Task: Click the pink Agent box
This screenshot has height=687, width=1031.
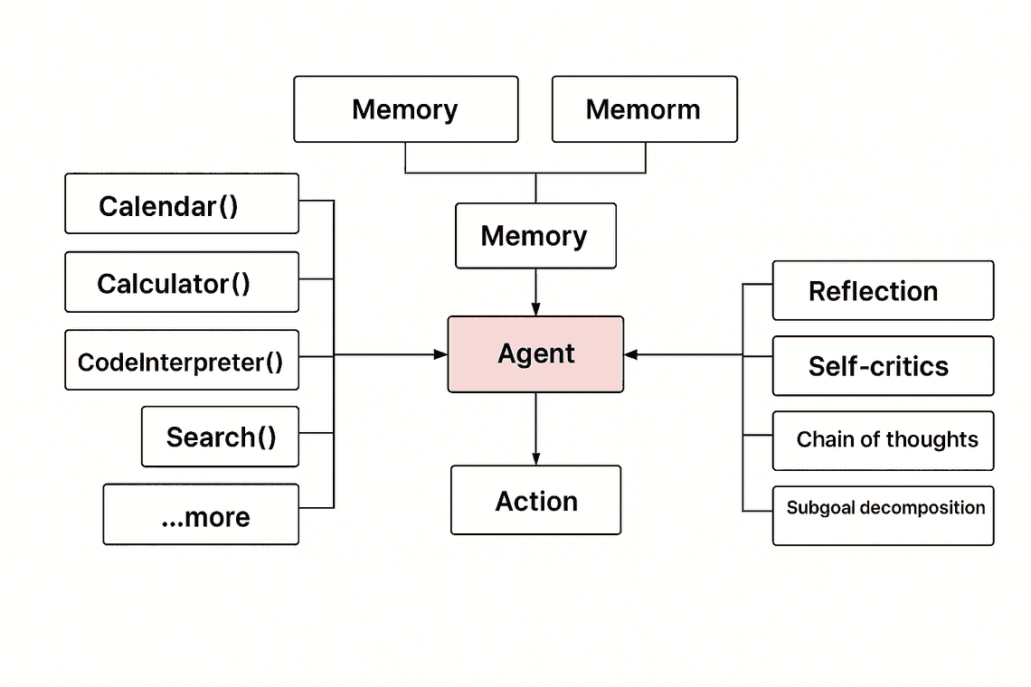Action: [535, 354]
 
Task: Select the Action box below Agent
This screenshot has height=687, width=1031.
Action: [535, 500]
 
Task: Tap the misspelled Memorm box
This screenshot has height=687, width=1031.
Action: [644, 109]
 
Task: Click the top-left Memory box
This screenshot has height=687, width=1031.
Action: [405, 109]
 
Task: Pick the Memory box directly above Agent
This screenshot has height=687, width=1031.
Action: [535, 236]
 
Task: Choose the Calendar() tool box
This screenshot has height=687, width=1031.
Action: [181, 204]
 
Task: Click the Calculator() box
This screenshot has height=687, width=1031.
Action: [181, 282]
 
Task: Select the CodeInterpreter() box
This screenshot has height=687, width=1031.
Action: [181, 361]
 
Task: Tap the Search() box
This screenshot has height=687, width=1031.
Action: [220, 437]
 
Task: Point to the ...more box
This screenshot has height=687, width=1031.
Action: [201, 514]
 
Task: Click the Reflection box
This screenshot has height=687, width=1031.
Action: [883, 291]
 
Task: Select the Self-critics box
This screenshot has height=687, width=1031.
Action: [883, 366]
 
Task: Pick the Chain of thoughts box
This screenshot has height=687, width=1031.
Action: [883, 440]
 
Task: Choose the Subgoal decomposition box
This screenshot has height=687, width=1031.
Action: [883, 515]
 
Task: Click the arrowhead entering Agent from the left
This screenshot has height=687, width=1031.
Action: [442, 355]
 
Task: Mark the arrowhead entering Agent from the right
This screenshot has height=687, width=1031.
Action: [630, 355]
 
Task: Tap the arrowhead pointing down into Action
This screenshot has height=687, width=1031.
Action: [535, 459]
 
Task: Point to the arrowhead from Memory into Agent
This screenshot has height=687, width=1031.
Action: [535, 309]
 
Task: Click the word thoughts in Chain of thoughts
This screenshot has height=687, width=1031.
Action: [932, 440]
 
